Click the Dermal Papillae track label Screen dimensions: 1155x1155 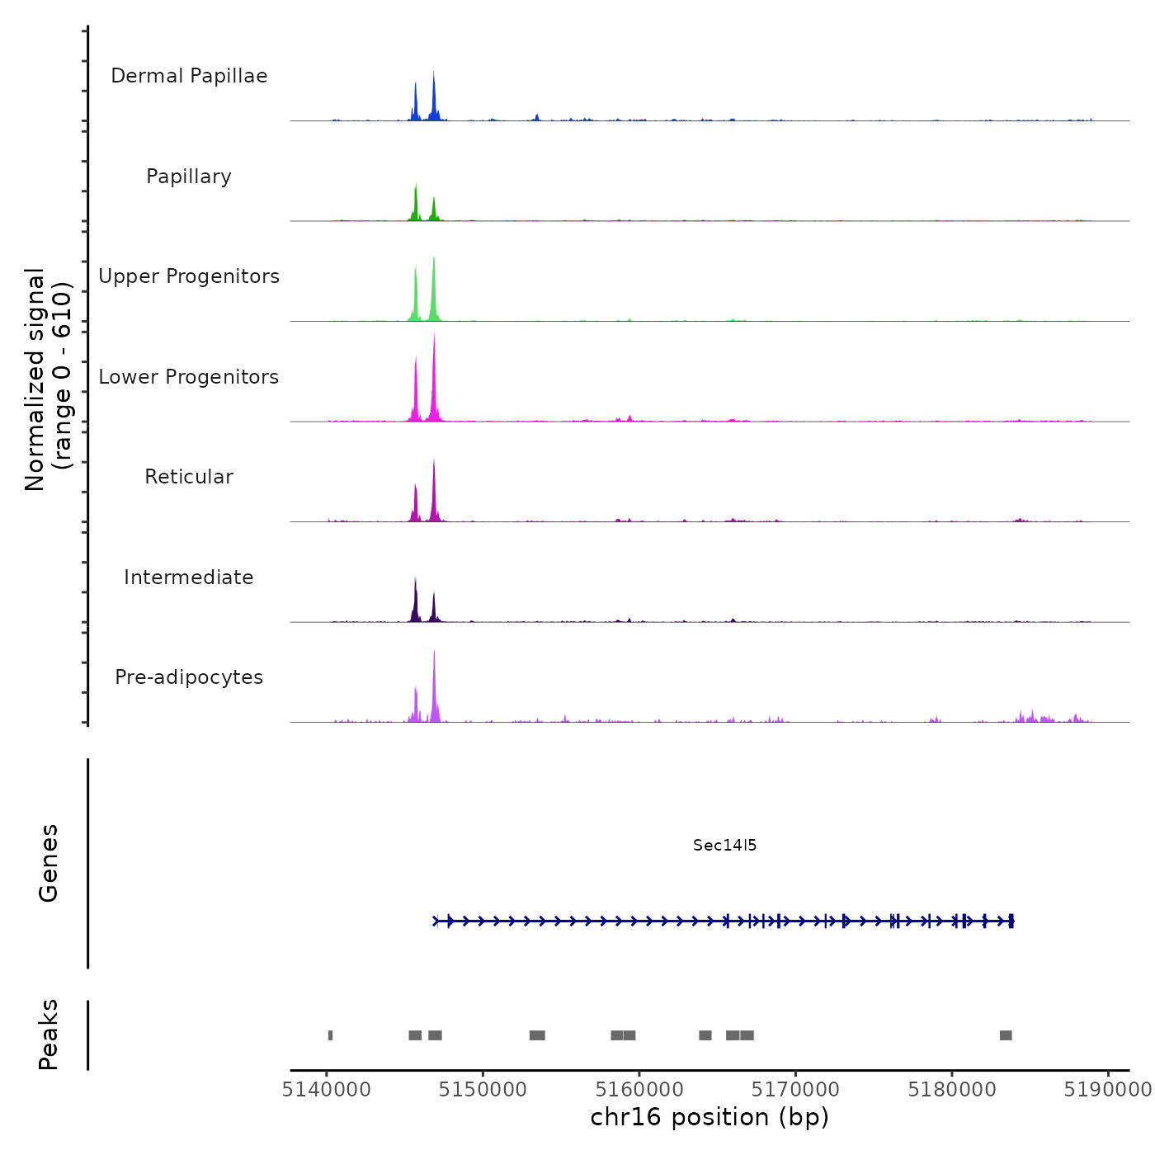click(x=189, y=76)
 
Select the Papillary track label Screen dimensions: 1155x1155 click(x=189, y=177)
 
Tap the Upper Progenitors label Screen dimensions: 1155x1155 click(x=189, y=276)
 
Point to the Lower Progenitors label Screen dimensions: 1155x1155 click(x=189, y=377)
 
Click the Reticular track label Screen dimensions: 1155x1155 click(x=189, y=477)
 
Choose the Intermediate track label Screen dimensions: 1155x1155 click(x=189, y=577)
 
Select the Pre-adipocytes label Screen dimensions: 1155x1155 click(x=189, y=677)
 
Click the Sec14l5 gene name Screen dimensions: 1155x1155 click(x=724, y=845)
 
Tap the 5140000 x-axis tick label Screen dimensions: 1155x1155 click(x=327, y=1090)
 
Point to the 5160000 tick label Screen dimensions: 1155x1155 click(x=639, y=1090)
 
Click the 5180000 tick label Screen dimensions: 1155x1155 click(x=952, y=1090)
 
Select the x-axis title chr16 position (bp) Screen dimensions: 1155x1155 click(x=709, y=1117)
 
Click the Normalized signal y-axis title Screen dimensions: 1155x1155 click(x=48, y=379)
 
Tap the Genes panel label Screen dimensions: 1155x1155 click(x=48, y=863)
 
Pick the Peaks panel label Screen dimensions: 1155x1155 click(x=48, y=1035)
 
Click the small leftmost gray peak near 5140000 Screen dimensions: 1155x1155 click(x=330, y=1035)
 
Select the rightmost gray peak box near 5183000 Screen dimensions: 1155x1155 click(x=1006, y=1035)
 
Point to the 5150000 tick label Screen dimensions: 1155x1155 click(x=483, y=1090)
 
